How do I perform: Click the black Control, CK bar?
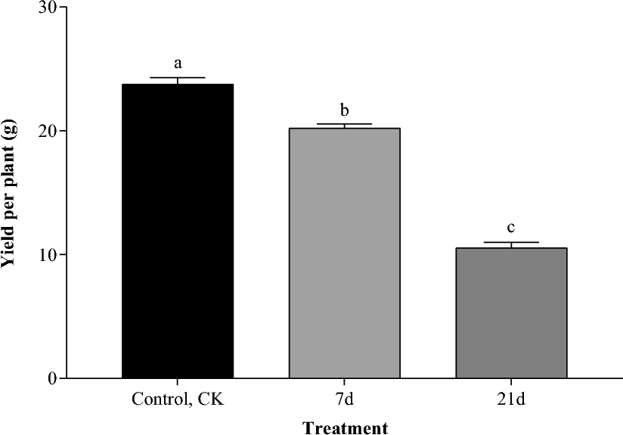tap(178, 231)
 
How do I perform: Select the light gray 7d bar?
tap(344, 253)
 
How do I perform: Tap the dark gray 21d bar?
tap(511, 312)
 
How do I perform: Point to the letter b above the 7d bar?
tap(344, 110)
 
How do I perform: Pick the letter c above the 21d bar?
tap(511, 228)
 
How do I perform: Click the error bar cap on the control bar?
tap(178, 78)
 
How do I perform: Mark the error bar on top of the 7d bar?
tap(344, 124)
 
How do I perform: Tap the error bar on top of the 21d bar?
tap(511, 243)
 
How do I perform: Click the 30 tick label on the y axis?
tap(47, 8)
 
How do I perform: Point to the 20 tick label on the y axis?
tap(47, 131)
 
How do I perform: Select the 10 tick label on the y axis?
tap(47, 254)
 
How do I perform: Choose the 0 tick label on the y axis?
tap(51, 378)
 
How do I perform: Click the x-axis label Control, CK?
tap(178, 399)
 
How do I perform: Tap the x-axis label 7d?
tap(344, 399)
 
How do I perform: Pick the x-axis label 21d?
tap(511, 399)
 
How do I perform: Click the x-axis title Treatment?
tap(346, 427)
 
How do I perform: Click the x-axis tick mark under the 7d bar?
tap(344, 382)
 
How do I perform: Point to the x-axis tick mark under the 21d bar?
tap(511, 382)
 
